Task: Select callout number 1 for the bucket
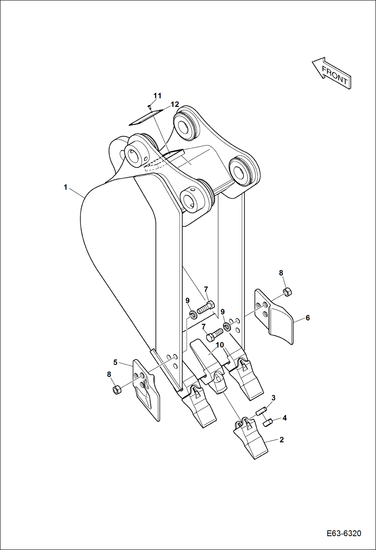66,187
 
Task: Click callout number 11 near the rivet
157,96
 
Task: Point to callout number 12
175,104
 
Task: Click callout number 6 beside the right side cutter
307,318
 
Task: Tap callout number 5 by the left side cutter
115,362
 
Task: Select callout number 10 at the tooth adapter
220,345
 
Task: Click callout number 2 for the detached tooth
281,439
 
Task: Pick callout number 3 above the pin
273,398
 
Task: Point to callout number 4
284,418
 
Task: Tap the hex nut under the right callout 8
287,292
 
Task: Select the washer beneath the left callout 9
193,315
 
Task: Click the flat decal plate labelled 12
146,117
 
